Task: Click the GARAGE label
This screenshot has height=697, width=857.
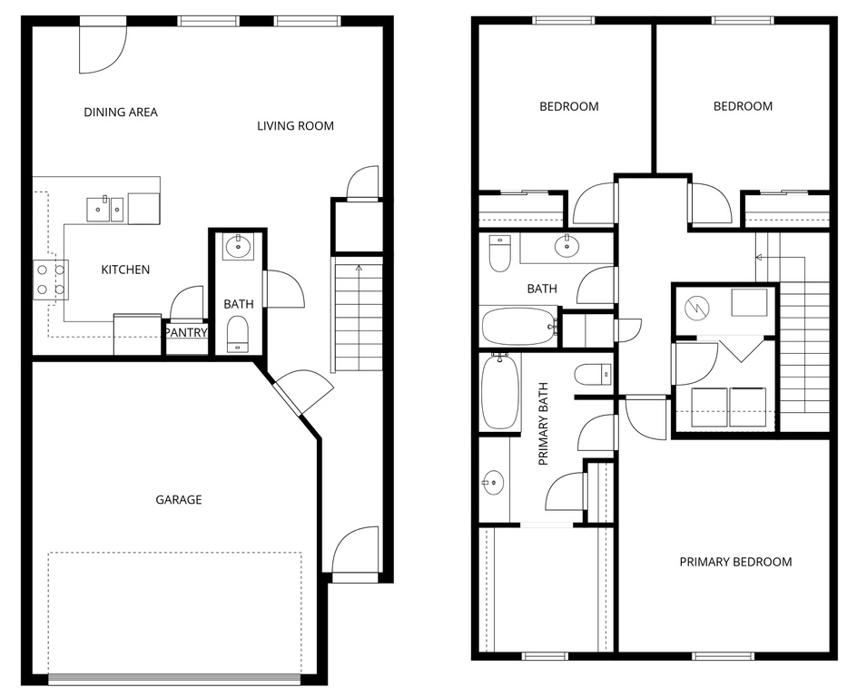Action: click(178, 499)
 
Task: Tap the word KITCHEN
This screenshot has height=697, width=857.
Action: click(125, 270)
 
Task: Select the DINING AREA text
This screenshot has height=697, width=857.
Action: click(121, 113)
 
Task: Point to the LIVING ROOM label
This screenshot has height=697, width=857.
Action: click(295, 126)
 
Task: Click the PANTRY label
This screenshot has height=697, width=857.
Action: click(187, 333)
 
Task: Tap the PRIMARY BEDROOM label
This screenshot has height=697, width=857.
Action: click(735, 562)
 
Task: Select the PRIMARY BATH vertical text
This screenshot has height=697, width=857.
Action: click(545, 436)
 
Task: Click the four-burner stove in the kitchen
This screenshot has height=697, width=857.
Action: click(50, 280)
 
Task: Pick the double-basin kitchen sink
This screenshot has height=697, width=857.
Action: click(104, 209)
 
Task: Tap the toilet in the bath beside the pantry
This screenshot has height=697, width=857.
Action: click(238, 333)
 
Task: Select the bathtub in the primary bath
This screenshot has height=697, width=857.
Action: click(500, 392)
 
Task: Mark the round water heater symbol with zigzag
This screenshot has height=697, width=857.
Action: click(701, 307)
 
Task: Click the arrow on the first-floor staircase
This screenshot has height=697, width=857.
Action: click(359, 270)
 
